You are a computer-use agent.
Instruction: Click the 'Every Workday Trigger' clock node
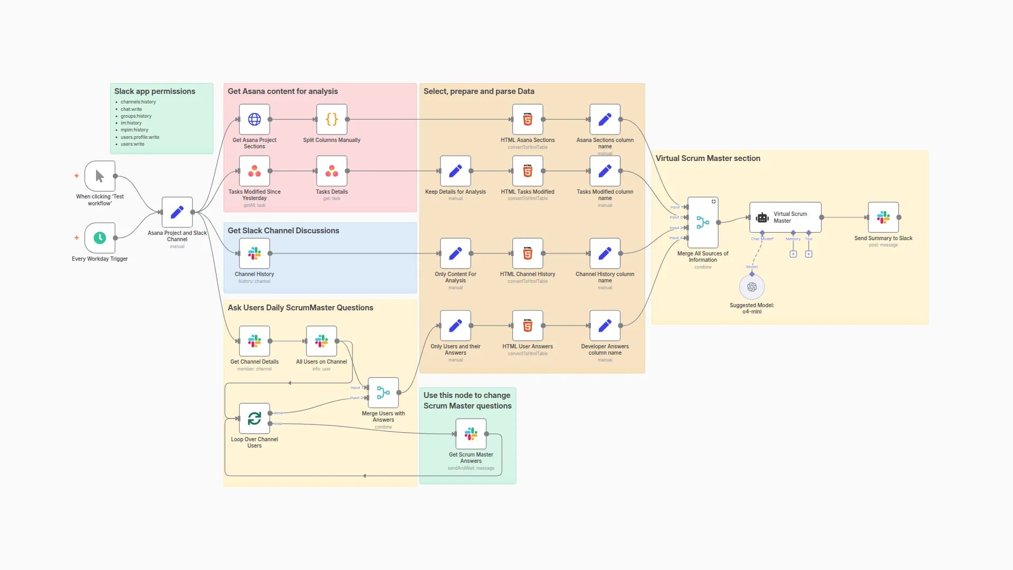coord(100,238)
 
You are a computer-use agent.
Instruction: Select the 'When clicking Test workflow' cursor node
coord(100,176)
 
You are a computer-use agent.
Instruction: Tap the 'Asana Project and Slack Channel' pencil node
coord(177,212)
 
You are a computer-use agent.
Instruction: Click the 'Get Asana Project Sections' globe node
coord(254,119)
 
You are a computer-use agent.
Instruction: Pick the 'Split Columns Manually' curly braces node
coord(331,119)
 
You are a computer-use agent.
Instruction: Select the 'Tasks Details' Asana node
coord(331,171)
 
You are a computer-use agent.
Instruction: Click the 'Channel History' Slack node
coord(254,253)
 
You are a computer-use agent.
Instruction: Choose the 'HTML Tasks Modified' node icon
coord(528,171)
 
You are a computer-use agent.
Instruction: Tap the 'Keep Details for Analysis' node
coord(455,171)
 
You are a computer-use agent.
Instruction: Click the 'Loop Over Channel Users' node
coord(254,419)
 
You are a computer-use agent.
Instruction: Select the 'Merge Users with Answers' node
coord(384,393)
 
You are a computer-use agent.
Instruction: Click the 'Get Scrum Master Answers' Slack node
coord(471,434)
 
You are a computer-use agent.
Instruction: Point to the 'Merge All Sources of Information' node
coord(703,223)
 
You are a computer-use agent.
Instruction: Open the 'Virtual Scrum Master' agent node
coord(785,217)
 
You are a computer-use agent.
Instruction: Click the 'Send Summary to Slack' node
coord(883,217)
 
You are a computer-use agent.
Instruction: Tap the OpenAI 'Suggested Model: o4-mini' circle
coord(752,287)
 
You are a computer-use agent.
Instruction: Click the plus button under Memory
coord(793,254)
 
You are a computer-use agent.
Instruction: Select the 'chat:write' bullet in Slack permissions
coord(131,109)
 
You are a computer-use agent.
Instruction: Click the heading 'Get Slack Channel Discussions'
coord(283,231)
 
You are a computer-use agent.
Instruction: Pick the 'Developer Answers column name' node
coord(605,326)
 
